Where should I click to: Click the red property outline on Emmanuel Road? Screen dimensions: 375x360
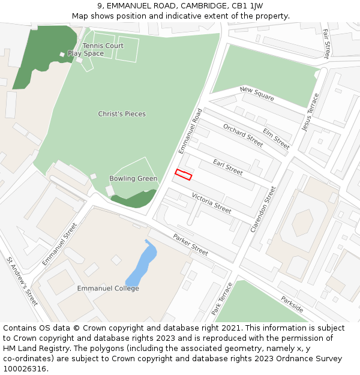coord(183,175)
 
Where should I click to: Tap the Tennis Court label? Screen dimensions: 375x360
coord(103,46)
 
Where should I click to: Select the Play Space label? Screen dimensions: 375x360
coord(86,53)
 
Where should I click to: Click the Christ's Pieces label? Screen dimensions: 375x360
coord(122,114)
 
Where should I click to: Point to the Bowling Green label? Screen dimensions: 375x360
coord(133,178)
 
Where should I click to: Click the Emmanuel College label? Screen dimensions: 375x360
coord(108,289)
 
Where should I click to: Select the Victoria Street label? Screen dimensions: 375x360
coord(211,203)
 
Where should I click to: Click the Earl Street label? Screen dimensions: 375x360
coord(228,167)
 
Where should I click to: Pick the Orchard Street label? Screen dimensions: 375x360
coord(243,135)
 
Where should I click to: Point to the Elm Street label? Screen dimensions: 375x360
coord(277,139)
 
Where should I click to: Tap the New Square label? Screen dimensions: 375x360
coord(257,94)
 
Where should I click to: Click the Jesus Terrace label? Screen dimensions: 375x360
coord(311,112)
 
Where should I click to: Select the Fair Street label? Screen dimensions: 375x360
coord(326,44)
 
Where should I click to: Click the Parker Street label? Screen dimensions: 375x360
coord(191,244)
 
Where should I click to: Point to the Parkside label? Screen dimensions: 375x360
coord(292,304)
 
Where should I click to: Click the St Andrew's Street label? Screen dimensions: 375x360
coord(22,281)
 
